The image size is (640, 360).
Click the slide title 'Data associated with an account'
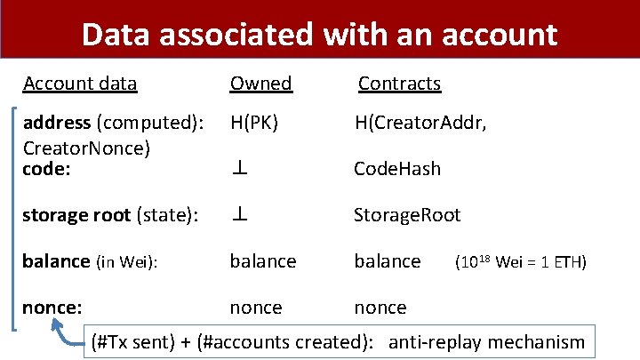(x=319, y=35)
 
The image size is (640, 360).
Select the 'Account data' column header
(x=80, y=84)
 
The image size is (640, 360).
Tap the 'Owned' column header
(x=260, y=84)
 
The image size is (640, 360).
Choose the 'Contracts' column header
(x=399, y=84)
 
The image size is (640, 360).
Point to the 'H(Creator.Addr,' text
(x=420, y=123)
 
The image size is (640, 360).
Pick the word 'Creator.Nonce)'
(x=85, y=147)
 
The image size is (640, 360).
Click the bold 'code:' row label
(x=47, y=168)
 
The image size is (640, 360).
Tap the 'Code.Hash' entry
(x=396, y=169)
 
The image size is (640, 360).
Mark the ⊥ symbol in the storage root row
(x=239, y=215)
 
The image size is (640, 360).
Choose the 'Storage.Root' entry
(x=407, y=215)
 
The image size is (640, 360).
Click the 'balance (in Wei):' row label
(x=90, y=261)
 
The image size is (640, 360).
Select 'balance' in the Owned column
(x=263, y=261)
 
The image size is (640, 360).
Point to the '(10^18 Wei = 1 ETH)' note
(x=520, y=262)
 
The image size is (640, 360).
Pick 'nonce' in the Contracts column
(x=380, y=308)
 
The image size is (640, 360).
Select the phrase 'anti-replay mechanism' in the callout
(x=487, y=341)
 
